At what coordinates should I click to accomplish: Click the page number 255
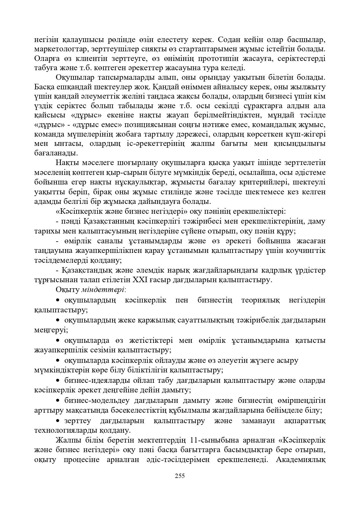[180, 476]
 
